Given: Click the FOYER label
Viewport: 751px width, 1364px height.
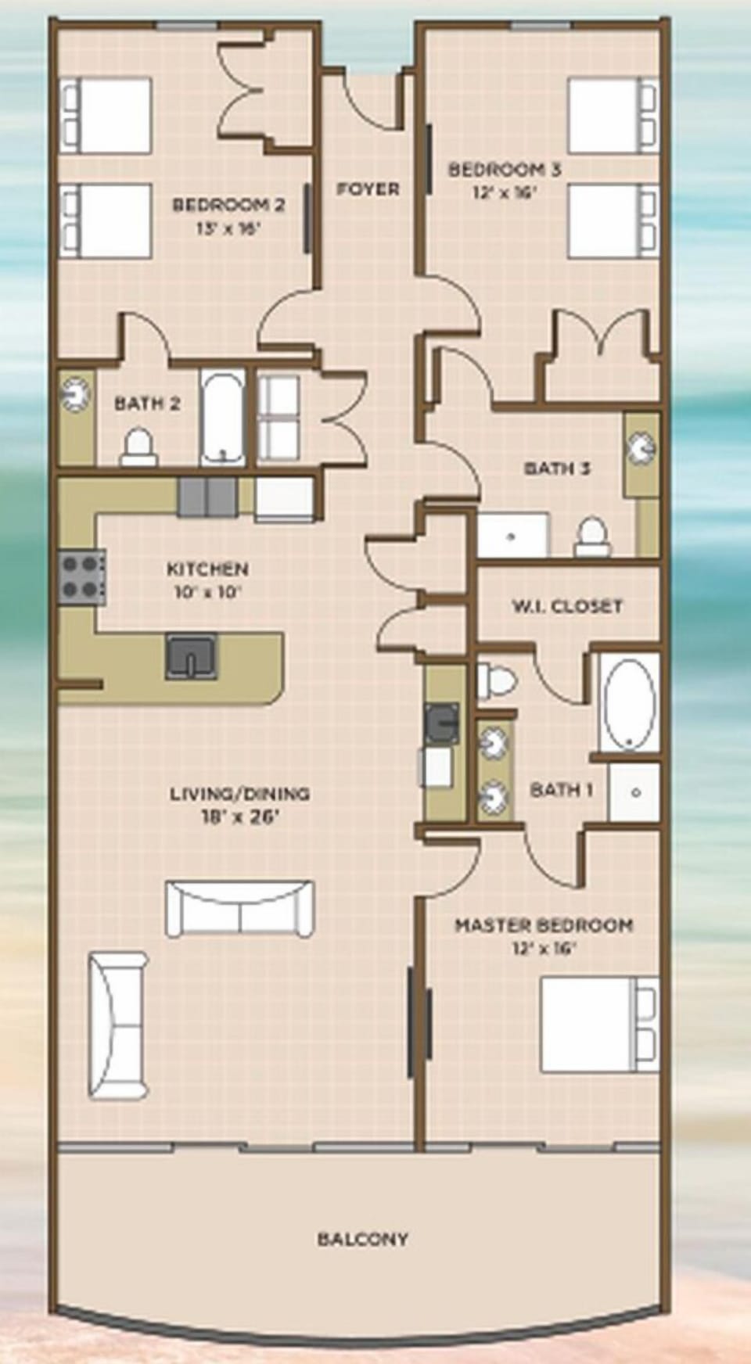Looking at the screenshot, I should tap(368, 188).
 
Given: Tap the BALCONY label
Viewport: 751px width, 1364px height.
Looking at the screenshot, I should tap(362, 1238).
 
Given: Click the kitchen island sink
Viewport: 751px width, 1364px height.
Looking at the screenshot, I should tap(191, 655).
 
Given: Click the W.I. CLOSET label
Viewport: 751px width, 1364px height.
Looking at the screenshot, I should tap(567, 605).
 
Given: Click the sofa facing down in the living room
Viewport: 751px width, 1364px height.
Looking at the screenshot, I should tap(239, 907).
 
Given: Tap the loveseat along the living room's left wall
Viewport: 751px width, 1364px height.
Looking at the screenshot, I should tap(117, 1025).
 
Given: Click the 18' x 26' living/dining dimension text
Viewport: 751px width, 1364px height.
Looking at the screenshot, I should tap(240, 817).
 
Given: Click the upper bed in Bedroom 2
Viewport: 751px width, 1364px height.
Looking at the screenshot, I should tap(106, 116).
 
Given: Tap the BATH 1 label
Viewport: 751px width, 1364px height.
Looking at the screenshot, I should tap(561, 789).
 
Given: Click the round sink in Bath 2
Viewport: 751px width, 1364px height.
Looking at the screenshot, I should tap(76, 393).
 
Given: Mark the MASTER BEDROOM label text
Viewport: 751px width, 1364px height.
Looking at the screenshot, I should tap(544, 925).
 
